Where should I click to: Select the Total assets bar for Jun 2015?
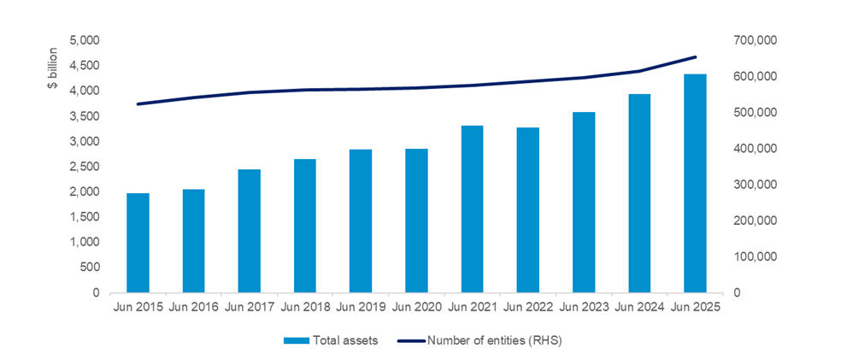click(138, 243)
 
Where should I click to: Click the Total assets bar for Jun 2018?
click(305, 226)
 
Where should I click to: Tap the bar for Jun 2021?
click(473, 209)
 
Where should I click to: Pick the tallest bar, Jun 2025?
click(695, 183)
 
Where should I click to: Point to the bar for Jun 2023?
click(584, 202)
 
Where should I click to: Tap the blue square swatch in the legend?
click(291, 340)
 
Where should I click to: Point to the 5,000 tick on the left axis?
click(84, 40)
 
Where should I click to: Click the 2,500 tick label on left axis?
click(84, 166)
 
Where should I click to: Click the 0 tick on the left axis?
click(95, 292)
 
